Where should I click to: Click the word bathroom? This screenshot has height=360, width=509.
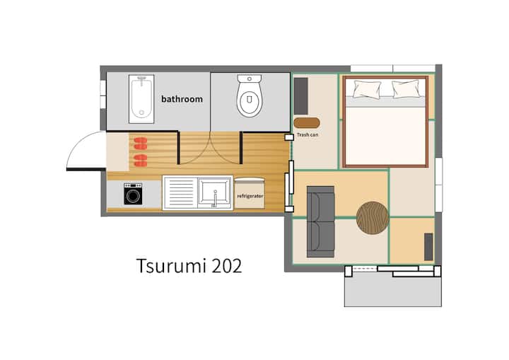coord(182,99)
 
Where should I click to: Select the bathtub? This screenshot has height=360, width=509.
coord(141,99)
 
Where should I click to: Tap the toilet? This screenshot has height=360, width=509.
coord(250,95)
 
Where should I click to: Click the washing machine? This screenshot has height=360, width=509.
coord(133,194)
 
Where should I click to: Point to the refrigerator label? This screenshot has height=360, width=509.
coord(250,196)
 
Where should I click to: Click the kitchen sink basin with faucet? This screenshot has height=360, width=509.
coord(215,193)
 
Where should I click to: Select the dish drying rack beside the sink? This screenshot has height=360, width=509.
coord(180,193)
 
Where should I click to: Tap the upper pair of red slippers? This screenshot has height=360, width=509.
coord(141,144)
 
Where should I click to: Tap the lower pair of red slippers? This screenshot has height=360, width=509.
coord(141,161)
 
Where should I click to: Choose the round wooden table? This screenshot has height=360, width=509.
coord(373,218)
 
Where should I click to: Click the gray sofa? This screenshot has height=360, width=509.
coord(320,221)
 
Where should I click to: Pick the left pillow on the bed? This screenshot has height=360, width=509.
coord(367,89)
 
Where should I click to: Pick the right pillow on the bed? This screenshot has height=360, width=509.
coord(406,89)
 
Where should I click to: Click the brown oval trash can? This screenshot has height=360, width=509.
coord(307,123)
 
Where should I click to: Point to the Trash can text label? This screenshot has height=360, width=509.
coord(308,134)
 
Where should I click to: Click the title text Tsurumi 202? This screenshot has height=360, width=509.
coord(189,266)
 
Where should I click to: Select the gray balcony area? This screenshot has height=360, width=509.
coord(393,289)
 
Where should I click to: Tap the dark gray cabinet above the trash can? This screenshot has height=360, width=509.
coord(300,96)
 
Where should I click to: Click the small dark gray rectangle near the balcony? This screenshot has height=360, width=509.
coord(428,247)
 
